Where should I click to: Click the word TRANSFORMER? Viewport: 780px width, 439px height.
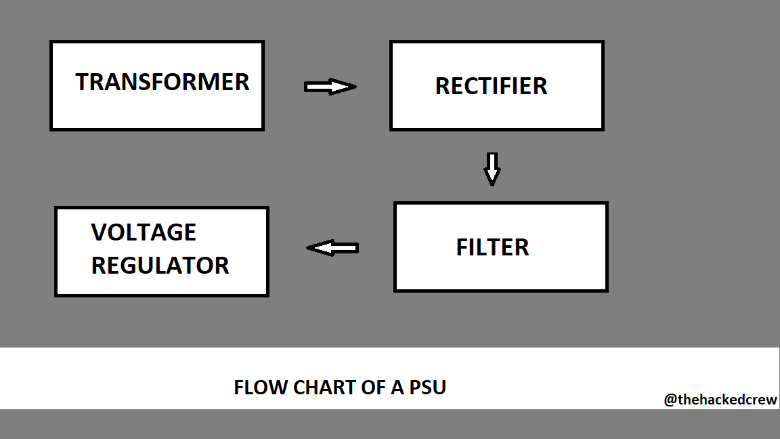(162, 82)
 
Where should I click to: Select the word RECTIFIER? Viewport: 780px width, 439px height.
(491, 86)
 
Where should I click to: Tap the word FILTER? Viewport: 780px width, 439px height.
(492, 247)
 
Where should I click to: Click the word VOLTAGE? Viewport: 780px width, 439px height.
(144, 232)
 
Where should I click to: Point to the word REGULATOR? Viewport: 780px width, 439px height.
(160, 265)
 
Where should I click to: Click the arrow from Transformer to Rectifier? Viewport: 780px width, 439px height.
(330, 87)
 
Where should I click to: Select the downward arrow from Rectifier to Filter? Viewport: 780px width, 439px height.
(492, 169)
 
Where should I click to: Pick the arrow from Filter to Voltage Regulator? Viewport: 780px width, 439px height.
(332, 248)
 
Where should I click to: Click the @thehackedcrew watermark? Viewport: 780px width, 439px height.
(720, 400)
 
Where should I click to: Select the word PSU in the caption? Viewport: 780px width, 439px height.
(428, 388)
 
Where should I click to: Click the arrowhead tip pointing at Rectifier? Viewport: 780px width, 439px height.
(354, 87)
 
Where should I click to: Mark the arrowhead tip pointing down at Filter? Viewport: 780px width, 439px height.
(492, 184)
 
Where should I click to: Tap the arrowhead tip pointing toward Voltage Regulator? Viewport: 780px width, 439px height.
(309, 248)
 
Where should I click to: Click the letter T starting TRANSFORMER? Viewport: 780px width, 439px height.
(82, 82)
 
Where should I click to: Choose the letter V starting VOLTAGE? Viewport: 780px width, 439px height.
(99, 232)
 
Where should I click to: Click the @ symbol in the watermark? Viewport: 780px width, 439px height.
(670, 400)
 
